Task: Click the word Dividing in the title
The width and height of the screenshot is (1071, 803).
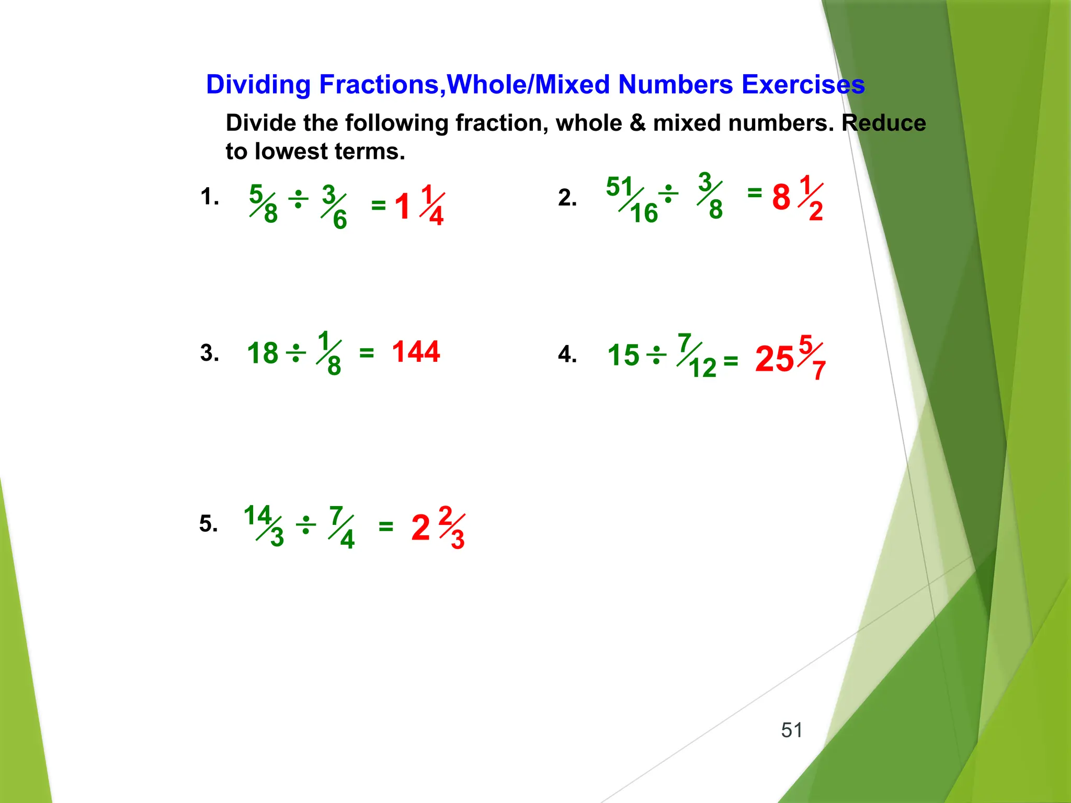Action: (x=258, y=85)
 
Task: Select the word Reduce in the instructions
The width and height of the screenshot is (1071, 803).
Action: (x=884, y=123)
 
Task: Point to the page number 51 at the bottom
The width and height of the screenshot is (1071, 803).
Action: (x=792, y=730)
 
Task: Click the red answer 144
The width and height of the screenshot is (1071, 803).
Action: (x=416, y=352)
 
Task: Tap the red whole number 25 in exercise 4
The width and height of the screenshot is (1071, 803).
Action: (x=774, y=360)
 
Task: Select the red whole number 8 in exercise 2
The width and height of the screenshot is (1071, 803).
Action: (x=781, y=198)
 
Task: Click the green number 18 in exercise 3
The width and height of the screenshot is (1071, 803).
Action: (x=263, y=353)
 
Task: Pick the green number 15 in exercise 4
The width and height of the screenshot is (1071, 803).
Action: (x=623, y=355)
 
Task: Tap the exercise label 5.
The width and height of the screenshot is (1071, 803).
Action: (x=208, y=523)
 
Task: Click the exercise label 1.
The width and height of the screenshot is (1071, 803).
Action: (x=209, y=197)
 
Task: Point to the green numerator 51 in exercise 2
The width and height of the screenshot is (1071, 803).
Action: (x=620, y=187)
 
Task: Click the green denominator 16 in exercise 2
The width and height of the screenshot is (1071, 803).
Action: (x=644, y=213)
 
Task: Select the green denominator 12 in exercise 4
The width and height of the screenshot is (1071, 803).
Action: (x=702, y=368)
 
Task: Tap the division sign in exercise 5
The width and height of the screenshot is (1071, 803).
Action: (x=306, y=525)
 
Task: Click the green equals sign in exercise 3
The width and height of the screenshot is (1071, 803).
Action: (x=367, y=354)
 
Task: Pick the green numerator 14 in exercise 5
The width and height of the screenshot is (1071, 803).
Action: (x=257, y=515)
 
